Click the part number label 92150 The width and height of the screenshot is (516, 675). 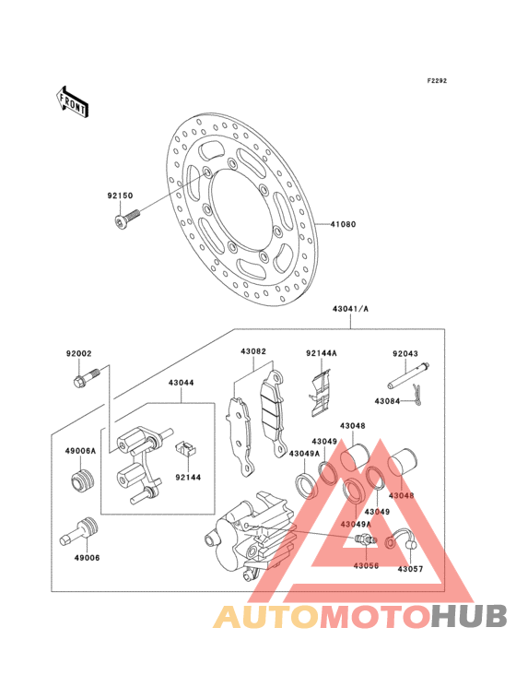pyautogui.click(x=120, y=195)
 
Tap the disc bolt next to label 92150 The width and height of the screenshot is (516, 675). pyautogui.click(x=124, y=219)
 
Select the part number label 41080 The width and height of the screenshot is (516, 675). pyautogui.click(x=343, y=224)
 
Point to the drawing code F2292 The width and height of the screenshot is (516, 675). pyautogui.click(x=436, y=81)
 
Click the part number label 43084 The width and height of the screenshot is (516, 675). pyautogui.click(x=387, y=400)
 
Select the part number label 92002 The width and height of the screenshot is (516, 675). pyautogui.click(x=79, y=352)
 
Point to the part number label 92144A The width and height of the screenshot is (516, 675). pyautogui.click(x=322, y=352)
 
